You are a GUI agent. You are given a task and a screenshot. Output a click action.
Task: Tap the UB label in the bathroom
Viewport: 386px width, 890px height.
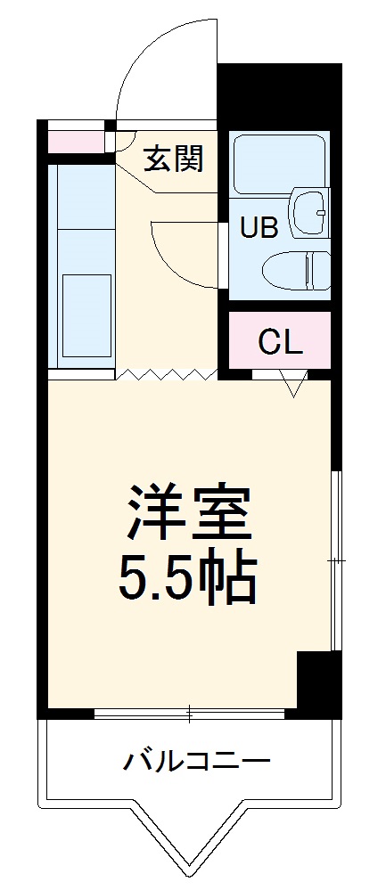tap(259, 227)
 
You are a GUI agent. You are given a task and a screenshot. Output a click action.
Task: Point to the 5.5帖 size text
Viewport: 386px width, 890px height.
tap(188, 580)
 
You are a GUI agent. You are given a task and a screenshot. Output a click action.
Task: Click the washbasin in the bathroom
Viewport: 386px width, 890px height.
tap(309, 211)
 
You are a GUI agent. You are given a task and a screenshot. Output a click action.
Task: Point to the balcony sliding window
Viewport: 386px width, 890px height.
tap(189, 713)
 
